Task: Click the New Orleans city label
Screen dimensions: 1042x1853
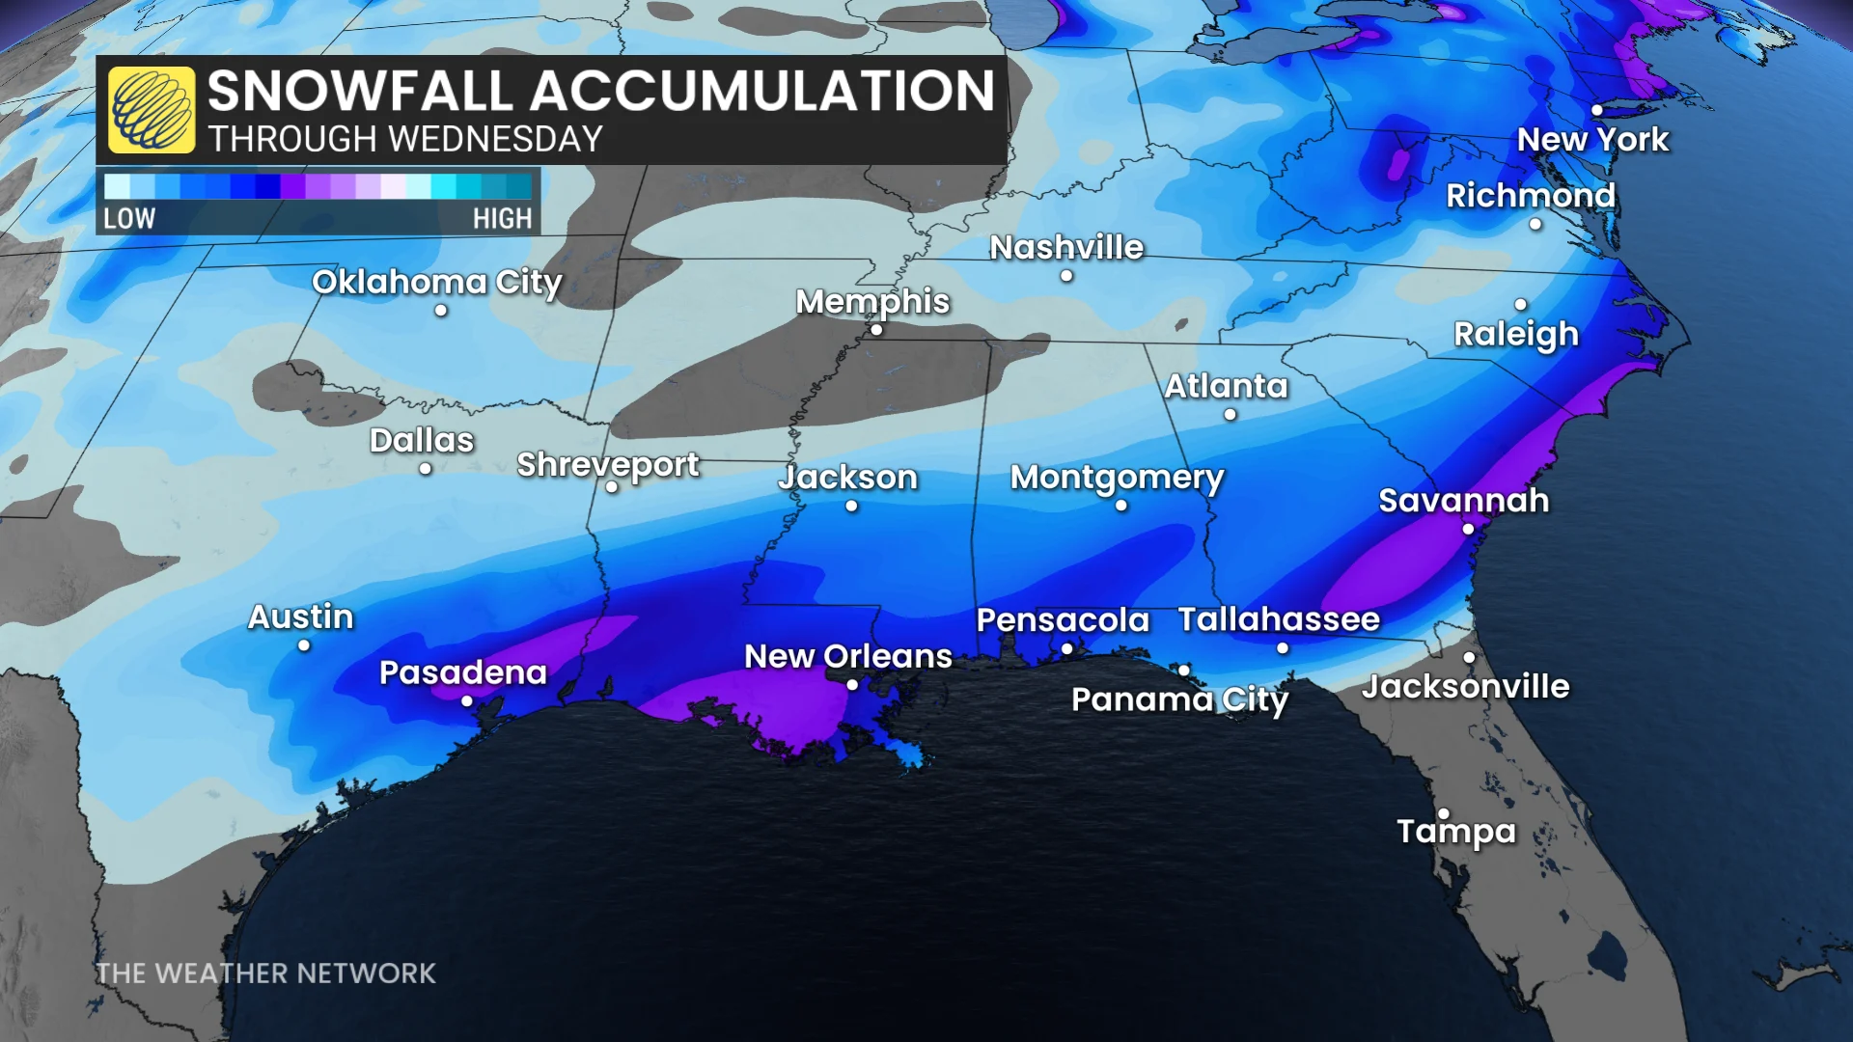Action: coord(847,656)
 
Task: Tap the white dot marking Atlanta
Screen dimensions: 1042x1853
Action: coord(1230,415)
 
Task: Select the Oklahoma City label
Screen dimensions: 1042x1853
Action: coord(436,282)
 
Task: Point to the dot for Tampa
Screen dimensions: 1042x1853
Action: coord(1444,813)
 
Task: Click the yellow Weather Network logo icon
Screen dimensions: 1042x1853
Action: coord(152,110)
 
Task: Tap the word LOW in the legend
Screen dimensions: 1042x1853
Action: coord(129,218)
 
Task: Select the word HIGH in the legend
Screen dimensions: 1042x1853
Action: coord(502,218)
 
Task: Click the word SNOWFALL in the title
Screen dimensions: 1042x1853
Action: coord(360,92)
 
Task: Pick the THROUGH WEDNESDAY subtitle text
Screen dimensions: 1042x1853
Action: coord(405,140)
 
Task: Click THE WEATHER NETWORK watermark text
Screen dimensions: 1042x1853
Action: coord(265,973)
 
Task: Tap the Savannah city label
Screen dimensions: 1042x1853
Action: coord(1463,501)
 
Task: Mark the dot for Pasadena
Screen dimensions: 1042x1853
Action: coord(467,701)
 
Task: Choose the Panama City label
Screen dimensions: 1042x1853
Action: coord(1179,699)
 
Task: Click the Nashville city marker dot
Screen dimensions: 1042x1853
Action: coord(1066,276)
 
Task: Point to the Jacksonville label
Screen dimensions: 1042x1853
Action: coord(1465,687)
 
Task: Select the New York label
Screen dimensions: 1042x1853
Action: coord(1592,140)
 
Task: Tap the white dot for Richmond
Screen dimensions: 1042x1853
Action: coord(1535,225)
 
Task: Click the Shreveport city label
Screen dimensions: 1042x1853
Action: coord(607,465)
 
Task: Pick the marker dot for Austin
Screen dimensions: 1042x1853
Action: coord(304,645)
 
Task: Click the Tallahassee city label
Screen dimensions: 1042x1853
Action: coord(1279,619)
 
